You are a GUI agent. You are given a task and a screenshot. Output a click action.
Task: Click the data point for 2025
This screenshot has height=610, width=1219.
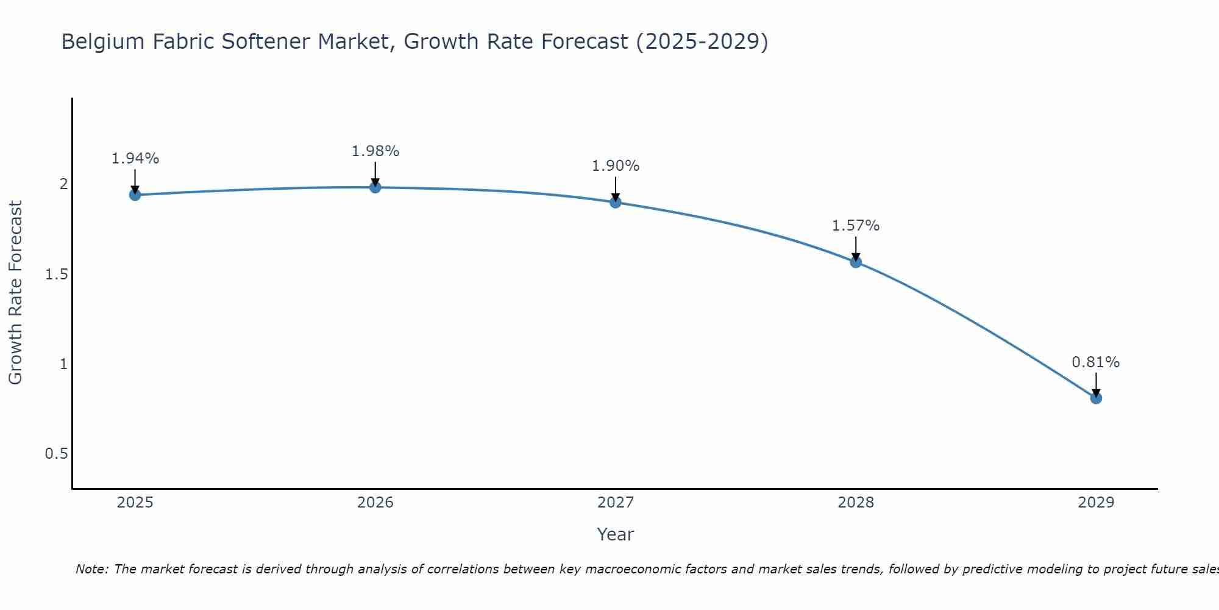click(x=135, y=195)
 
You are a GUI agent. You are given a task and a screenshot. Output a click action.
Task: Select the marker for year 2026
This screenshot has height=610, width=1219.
click(x=375, y=187)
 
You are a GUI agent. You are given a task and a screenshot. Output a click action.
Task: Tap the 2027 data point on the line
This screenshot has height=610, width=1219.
click(x=616, y=202)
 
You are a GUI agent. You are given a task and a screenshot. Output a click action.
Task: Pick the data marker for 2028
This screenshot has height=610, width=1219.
click(x=856, y=262)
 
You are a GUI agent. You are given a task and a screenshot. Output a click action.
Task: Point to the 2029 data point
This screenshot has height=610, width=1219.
click(x=1096, y=398)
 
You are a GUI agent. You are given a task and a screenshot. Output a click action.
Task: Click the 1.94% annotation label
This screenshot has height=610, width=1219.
click(x=135, y=159)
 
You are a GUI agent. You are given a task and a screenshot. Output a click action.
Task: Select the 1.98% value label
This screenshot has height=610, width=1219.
click(x=375, y=151)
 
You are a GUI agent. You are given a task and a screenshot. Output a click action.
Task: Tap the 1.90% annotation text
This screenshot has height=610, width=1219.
click(x=616, y=166)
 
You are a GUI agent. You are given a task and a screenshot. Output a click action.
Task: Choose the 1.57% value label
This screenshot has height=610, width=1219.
click(x=856, y=226)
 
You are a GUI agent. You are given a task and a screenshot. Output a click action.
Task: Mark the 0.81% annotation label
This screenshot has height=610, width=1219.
click(x=1096, y=362)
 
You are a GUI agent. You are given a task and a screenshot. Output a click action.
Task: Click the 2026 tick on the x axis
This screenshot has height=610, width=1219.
click(x=375, y=503)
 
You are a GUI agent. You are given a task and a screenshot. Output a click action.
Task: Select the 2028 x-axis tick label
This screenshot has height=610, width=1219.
click(x=856, y=503)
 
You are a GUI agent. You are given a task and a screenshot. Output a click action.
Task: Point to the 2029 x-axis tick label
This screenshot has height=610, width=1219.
click(x=1096, y=503)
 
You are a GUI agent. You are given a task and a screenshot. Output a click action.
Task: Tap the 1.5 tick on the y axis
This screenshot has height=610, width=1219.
click(x=56, y=274)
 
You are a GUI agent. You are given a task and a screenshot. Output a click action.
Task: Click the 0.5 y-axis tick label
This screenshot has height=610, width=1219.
click(x=56, y=454)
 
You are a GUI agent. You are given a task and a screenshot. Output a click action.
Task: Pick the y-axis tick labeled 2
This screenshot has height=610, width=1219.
click(x=63, y=184)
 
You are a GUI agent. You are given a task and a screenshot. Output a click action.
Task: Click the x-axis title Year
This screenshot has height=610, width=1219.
click(x=615, y=534)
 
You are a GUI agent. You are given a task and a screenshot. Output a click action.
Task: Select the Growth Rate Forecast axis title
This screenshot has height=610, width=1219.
click(x=15, y=293)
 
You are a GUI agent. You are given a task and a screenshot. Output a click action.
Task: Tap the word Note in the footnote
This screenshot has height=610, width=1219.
click(x=91, y=569)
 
